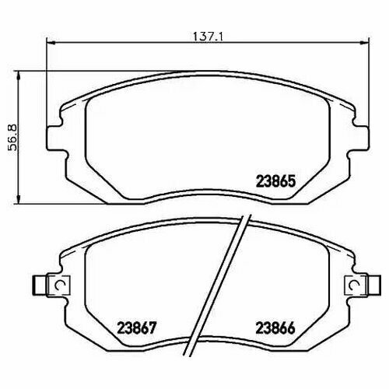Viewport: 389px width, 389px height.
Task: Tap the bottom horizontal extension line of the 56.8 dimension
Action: [39, 204]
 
